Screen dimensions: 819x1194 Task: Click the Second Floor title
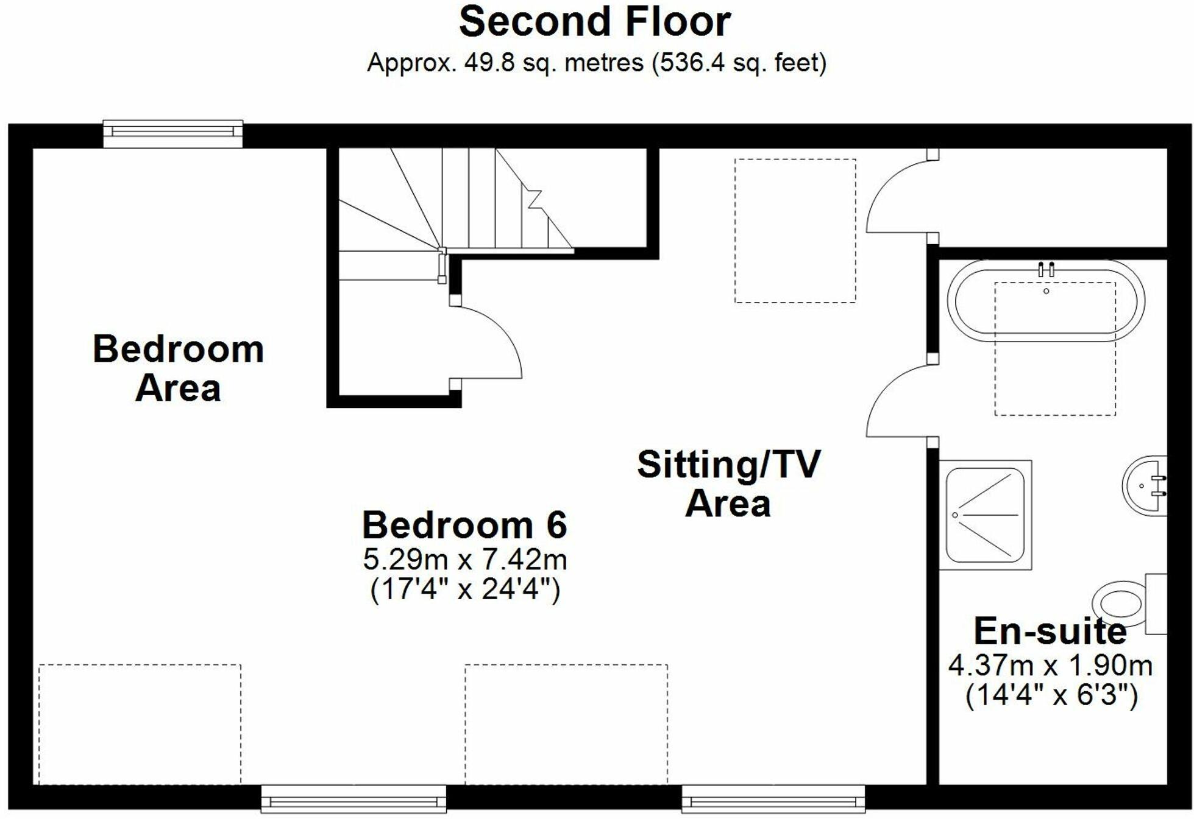pos(595,23)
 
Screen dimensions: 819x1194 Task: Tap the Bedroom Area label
pos(178,368)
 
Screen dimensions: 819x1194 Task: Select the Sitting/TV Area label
pos(728,483)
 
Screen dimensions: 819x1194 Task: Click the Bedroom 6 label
pos(464,525)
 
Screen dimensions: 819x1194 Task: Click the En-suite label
pos(1050,631)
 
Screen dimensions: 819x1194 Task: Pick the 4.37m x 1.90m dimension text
pos(1050,666)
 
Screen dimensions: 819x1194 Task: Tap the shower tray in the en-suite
pos(985,515)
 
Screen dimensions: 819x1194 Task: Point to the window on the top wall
pos(172,133)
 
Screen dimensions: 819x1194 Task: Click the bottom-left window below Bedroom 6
pos(354,799)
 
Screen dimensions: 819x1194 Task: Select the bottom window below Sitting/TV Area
pos(773,799)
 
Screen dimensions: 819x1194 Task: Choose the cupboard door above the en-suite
pos(896,195)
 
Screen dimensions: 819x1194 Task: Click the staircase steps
pos(475,201)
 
